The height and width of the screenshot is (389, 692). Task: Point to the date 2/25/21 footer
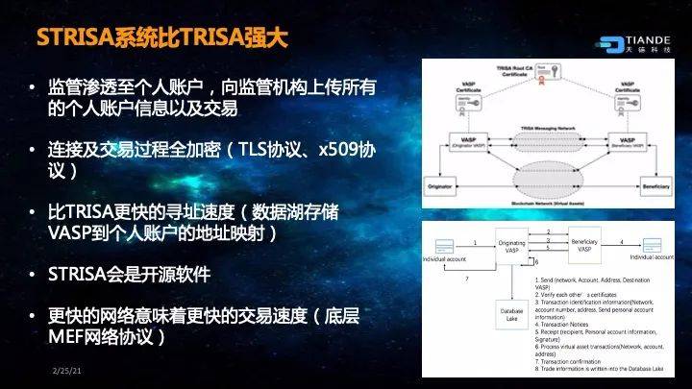point(64,369)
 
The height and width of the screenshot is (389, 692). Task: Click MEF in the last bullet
point(67,337)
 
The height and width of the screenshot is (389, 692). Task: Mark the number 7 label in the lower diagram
point(466,279)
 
